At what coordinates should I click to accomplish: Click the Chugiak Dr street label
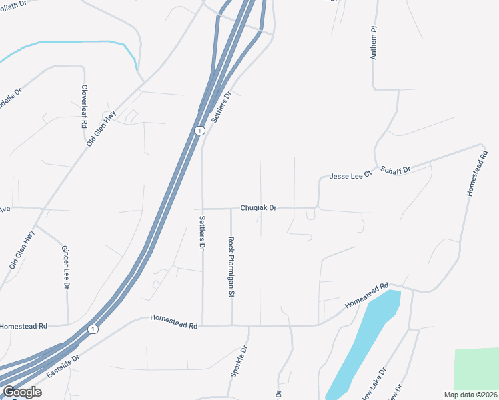point(258,208)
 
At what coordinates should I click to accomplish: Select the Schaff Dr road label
point(395,169)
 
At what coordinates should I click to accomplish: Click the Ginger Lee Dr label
point(66,267)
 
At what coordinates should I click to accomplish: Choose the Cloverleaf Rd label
point(85,107)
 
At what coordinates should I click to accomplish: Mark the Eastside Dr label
point(63,367)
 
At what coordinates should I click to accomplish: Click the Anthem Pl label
point(374,44)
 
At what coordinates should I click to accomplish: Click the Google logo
point(21,392)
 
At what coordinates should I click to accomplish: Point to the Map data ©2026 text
point(470,395)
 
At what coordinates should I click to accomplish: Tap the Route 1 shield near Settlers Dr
point(199,131)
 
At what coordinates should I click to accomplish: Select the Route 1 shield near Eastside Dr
point(93,329)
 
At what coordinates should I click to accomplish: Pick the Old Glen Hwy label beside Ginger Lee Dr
point(21,250)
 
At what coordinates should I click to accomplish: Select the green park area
point(476,369)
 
